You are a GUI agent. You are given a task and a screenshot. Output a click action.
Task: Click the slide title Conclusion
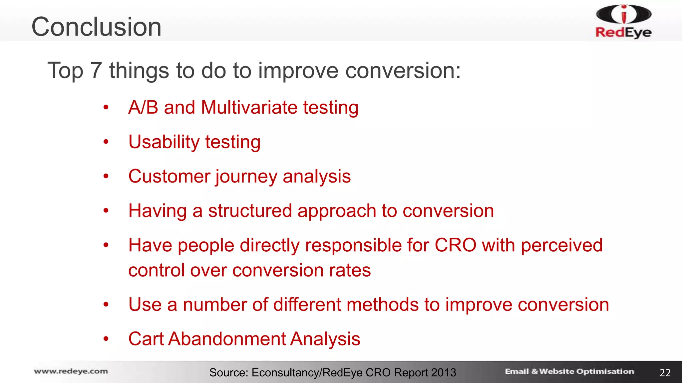pyautogui.click(x=96, y=27)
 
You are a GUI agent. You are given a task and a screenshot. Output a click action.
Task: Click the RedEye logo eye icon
pyautogui.click(x=624, y=14)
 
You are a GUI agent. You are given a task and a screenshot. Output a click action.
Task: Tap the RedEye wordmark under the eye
pyautogui.click(x=623, y=32)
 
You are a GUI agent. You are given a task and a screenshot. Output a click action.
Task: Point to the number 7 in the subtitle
pyautogui.click(x=96, y=70)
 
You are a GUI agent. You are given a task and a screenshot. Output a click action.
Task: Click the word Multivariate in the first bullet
pyautogui.click(x=249, y=107)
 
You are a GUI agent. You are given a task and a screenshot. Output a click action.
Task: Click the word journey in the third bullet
pyautogui.click(x=246, y=177)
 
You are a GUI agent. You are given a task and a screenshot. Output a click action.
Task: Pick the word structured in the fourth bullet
pyautogui.click(x=250, y=211)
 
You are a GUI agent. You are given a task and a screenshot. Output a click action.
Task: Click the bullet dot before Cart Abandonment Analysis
pyautogui.click(x=106, y=339)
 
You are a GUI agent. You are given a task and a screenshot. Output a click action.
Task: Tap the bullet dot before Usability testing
pyautogui.click(x=106, y=142)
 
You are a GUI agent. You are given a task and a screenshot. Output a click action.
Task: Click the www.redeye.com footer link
pyautogui.click(x=71, y=371)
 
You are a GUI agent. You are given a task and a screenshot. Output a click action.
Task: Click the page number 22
pyautogui.click(x=665, y=373)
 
